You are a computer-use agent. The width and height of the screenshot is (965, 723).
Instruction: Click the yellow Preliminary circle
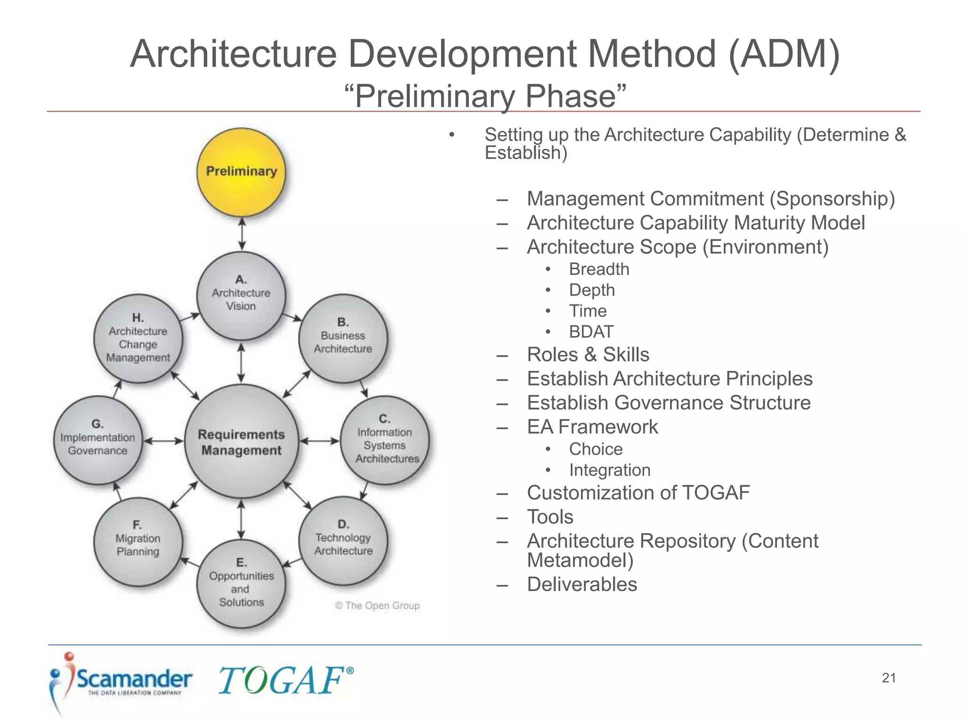coord(241,172)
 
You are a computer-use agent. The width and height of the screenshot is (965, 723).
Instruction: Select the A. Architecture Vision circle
coord(241,295)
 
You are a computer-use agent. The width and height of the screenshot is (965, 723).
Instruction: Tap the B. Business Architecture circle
coord(343,338)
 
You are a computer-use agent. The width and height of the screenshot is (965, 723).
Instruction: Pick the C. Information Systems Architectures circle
coord(384,440)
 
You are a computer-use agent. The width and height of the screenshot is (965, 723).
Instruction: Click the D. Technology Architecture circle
coord(343,540)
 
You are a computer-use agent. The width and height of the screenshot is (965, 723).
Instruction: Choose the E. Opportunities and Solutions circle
coord(241,584)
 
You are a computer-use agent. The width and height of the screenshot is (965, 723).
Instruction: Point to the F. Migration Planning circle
coord(138,541)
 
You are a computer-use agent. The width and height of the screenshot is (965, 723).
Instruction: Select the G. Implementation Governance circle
coord(98,440)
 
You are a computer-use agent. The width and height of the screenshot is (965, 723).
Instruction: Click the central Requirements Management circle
coord(241,441)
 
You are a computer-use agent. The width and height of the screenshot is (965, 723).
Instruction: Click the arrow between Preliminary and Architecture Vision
coord(242,234)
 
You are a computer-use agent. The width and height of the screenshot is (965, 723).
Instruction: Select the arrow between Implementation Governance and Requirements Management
coord(163,441)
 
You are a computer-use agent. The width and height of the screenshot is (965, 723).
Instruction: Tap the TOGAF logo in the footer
coord(285,680)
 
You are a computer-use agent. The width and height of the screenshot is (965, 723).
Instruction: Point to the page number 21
coord(888,678)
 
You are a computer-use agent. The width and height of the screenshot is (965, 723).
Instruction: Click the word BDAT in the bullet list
coord(591,332)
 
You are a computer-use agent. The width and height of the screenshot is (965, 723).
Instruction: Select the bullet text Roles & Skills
coord(588,354)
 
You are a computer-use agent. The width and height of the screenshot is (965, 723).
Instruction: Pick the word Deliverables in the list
coord(581,585)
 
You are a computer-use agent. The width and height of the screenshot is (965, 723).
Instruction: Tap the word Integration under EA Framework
coord(609,470)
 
